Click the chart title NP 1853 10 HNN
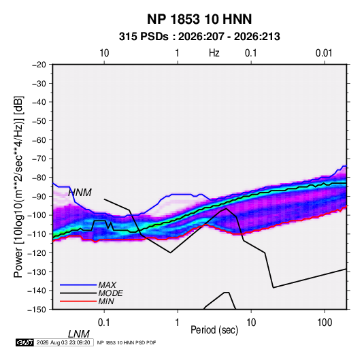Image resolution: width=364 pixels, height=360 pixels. coord(199,19)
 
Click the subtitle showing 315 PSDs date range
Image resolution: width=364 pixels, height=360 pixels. coord(199,37)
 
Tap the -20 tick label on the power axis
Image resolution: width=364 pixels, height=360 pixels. coord(39,65)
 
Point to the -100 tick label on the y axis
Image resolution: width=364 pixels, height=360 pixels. coord(37,215)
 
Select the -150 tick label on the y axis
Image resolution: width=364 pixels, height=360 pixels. coord(37,310)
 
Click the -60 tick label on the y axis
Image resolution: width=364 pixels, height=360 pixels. coord(39,140)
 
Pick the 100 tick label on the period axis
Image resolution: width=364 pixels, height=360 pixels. coord(325,323)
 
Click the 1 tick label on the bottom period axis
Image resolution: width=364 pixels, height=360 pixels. coord(178,323)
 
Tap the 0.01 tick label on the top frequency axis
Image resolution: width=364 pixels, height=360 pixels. coord(324,53)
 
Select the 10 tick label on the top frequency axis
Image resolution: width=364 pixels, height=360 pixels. coord(104,53)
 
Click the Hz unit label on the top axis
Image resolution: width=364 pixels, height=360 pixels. coord(214,53)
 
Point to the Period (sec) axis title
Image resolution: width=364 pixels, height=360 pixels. coord(214,330)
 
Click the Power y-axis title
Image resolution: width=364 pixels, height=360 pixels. coord(18,186)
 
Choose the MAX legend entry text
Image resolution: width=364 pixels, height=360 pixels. coord(107,285)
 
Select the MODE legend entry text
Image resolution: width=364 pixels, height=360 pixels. coord(110,293)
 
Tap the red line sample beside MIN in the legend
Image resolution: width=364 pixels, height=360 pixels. coord(78,301)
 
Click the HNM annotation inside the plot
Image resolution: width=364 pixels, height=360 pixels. coord(80,193)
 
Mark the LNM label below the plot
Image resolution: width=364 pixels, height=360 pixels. coord(78,334)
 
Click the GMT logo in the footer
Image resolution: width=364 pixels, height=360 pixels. coord(25,342)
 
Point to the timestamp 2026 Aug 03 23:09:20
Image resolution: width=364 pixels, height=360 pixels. coord(63,342)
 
